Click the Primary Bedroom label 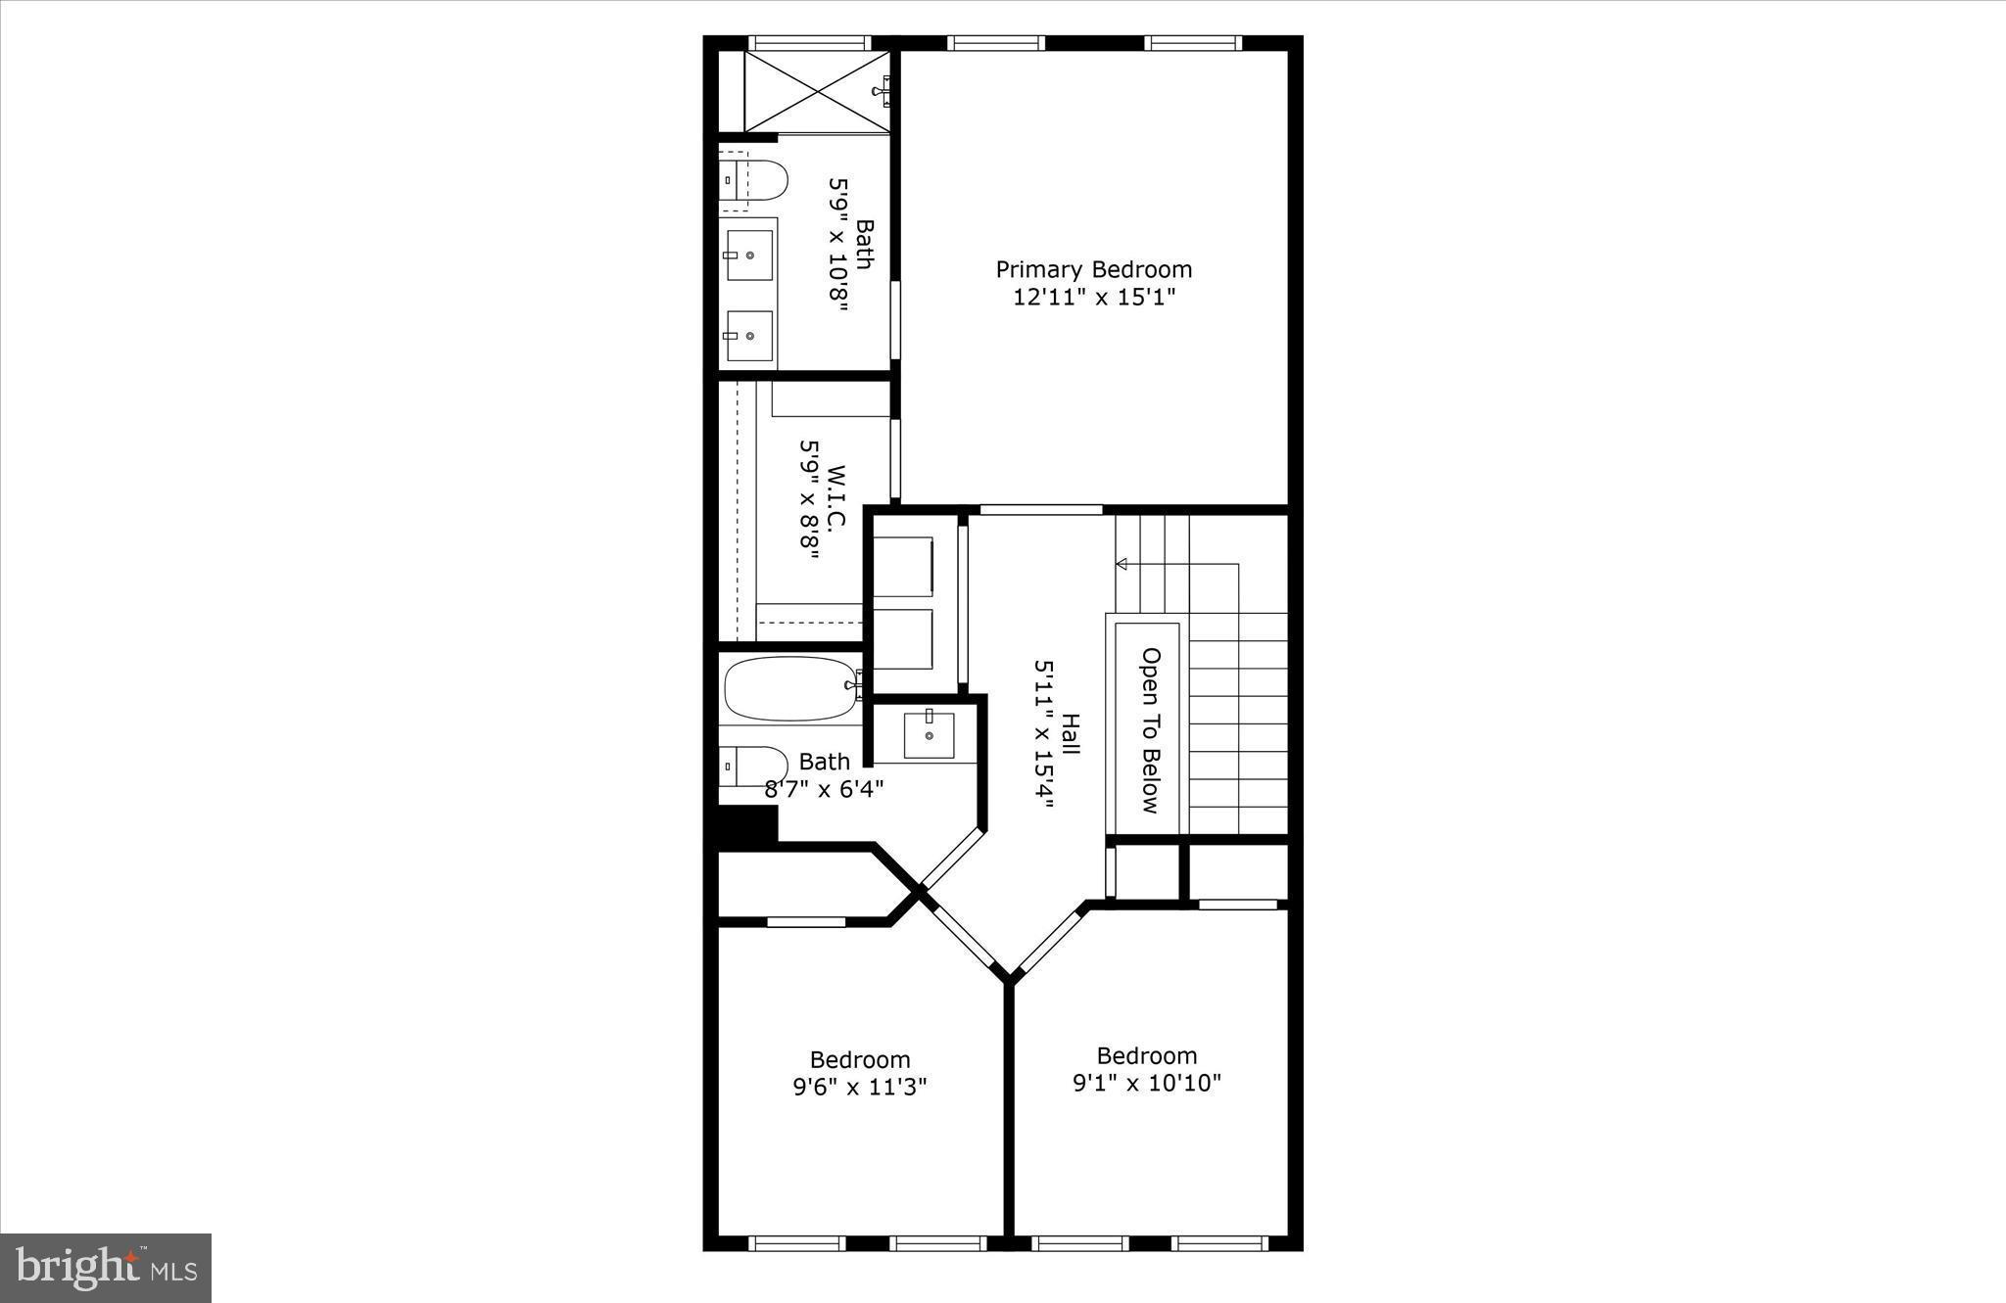tap(1093, 269)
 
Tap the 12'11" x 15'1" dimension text tap(1093, 297)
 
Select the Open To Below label tap(1151, 730)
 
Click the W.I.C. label tap(836, 497)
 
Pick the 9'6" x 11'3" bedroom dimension tap(859, 1087)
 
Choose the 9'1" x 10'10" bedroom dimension tap(1146, 1083)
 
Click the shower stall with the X tap(816, 90)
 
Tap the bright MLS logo tap(106, 1268)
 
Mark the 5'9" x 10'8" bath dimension tap(837, 244)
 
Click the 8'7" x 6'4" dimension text tap(824, 788)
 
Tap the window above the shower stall tap(809, 43)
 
